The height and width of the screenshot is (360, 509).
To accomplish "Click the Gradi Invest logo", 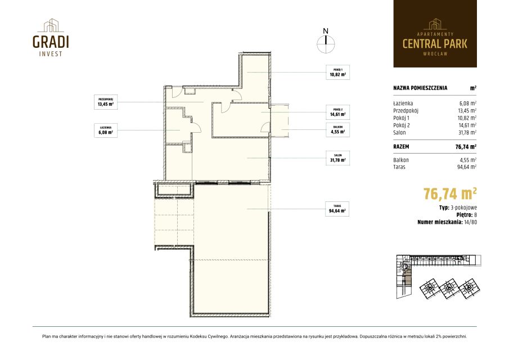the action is click(x=51, y=38).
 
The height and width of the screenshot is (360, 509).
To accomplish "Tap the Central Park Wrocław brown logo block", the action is click(x=435, y=34).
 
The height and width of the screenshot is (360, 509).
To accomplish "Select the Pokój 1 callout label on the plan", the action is click(x=337, y=73).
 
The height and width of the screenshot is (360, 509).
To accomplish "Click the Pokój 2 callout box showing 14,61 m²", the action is click(x=337, y=112).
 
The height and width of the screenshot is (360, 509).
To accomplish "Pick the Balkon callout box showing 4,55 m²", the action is click(x=337, y=130).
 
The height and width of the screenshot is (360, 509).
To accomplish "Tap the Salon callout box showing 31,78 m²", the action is click(x=337, y=157).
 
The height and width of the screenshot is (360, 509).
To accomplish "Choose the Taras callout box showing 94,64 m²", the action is click(x=337, y=209).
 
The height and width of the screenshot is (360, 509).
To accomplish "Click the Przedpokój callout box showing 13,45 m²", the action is click(x=106, y=102).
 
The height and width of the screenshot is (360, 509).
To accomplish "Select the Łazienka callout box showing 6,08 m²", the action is click(x=106, y=130).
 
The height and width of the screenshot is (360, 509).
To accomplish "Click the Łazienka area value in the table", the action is click(x=467, y=103).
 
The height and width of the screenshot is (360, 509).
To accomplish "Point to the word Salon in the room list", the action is click(x=399, y=132).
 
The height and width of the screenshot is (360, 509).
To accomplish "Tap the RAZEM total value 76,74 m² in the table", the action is click(x=466, y=147).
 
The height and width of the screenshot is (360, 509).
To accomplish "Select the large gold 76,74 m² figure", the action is click(x=450, y=194).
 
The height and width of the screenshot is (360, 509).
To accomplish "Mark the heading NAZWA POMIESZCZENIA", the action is click(x=420, y=88).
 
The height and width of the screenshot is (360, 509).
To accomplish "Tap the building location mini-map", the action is click(x=439, y=277).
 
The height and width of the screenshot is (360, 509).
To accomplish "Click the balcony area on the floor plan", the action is click(x=280, y=120).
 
